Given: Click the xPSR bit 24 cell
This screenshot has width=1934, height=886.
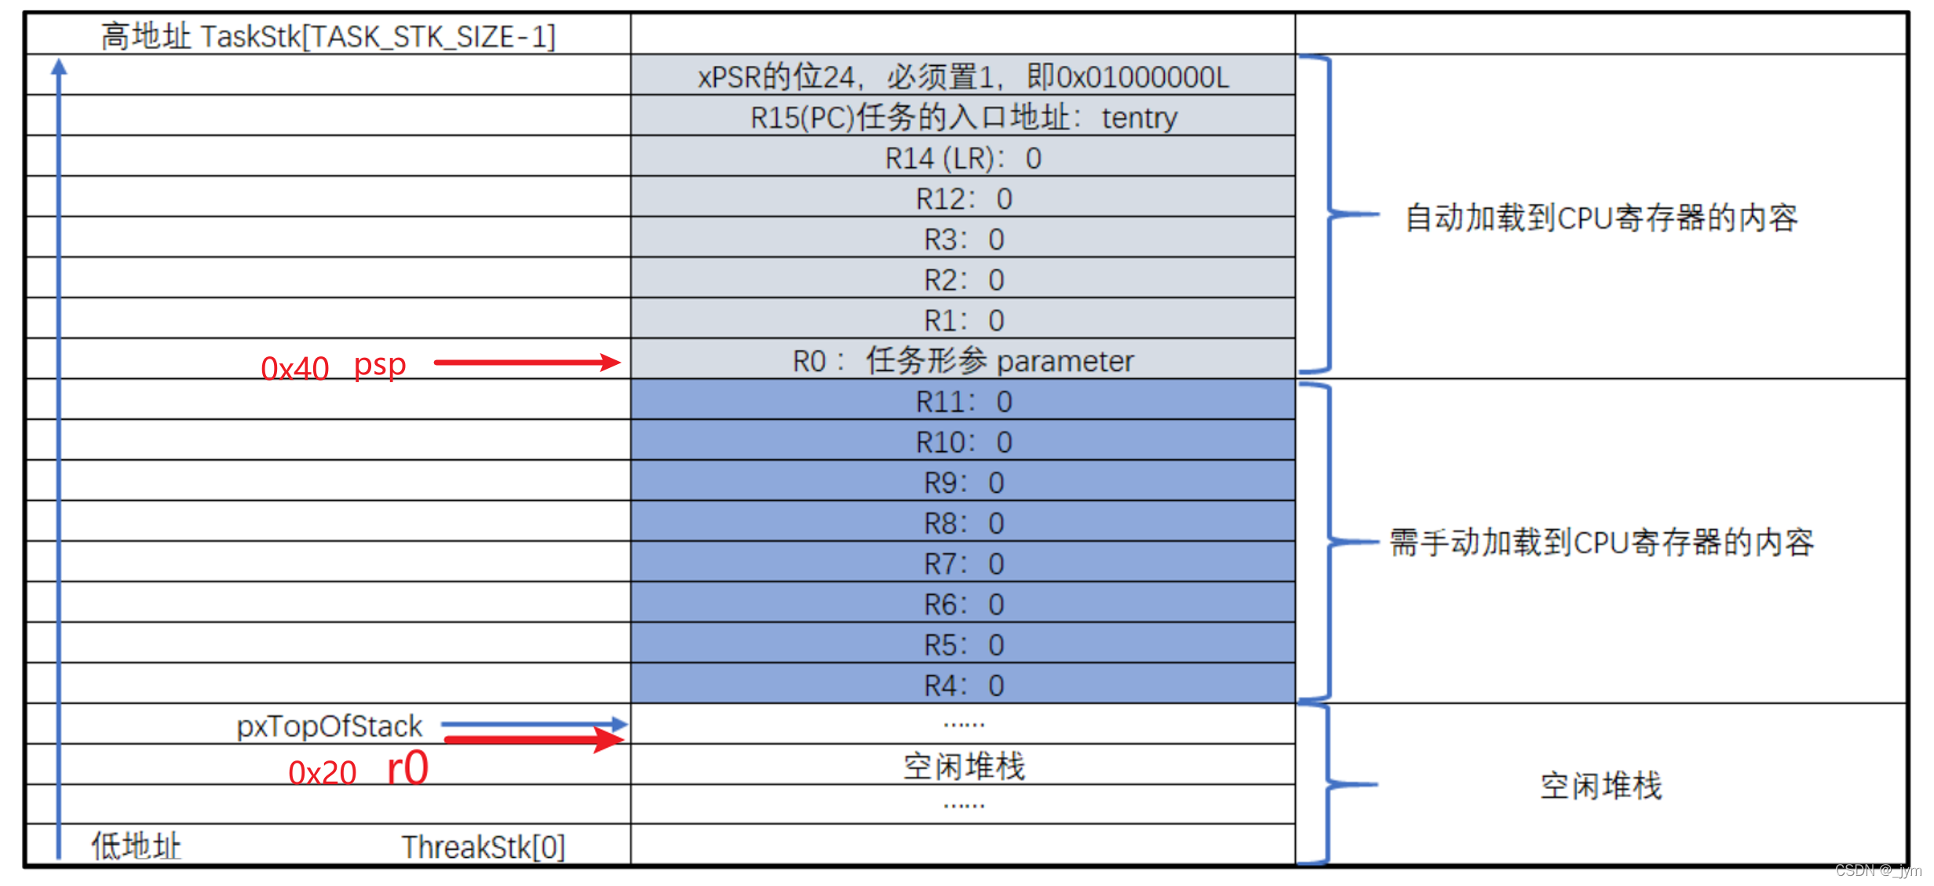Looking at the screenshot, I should (x=962, y=77).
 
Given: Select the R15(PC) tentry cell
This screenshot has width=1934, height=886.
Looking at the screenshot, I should (x=962, y=118).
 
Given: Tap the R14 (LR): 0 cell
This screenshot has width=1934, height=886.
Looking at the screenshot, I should (x=962, y=159).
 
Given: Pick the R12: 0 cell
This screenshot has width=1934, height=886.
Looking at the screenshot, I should (x=962, y=199).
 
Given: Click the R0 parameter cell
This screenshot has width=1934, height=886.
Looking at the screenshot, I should (x=962, y=361).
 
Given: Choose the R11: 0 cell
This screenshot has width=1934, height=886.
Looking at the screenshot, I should (x=962, y=402).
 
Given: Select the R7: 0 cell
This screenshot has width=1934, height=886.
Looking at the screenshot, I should (x=962, y=563).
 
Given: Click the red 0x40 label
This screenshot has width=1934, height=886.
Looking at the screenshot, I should (x=294, y=368).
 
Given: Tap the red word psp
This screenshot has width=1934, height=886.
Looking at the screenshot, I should (x=380, y=365).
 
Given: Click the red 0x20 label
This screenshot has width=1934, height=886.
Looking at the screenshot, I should (x=322, y=773).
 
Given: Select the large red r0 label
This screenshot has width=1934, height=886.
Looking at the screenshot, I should (x=408, y=768).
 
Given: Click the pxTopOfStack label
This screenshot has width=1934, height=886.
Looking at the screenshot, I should (x=329, y=727).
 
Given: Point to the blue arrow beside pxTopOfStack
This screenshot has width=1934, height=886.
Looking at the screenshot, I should (x=534, y=724).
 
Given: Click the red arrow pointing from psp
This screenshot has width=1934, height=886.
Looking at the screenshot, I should (x=527, y=362).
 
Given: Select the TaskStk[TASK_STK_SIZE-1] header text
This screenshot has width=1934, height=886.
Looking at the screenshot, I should (x=328, y=36).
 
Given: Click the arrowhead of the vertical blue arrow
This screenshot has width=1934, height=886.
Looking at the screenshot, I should (x=59, y=67).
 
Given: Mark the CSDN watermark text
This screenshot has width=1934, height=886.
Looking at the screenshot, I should (x=1877, y=870).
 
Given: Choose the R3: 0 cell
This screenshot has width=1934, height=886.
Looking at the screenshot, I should (x=962, y=239).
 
